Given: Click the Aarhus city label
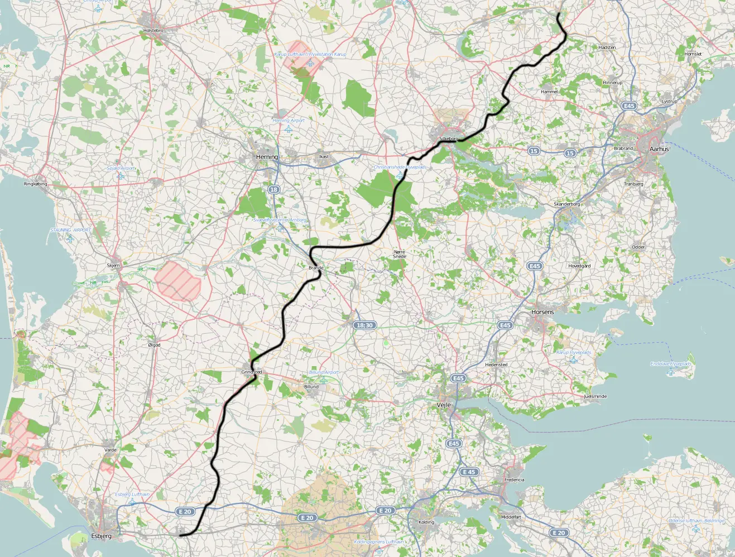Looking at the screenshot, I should (659, 149).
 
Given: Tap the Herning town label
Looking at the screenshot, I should (267, 157).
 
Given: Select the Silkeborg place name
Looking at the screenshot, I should (449, 138).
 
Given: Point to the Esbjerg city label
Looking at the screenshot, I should (101, 536).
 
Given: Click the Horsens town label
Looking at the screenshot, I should (542, 312).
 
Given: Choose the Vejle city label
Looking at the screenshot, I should (444, 405).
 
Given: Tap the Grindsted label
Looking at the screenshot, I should (252, 372).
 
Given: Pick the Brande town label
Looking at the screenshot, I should (316, 268).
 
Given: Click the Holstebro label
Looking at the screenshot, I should (153, 31).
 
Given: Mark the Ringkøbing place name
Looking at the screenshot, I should (36, 184).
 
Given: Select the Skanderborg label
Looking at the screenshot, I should (566, 204).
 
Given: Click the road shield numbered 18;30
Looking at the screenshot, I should (364, 325).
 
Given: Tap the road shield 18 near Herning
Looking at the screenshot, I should (273, 190).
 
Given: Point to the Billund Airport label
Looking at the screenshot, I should (324, 372).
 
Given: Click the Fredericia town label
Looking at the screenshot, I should (514, 479).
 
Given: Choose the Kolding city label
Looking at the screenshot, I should (426, 522).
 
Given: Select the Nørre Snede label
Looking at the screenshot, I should (400, 254).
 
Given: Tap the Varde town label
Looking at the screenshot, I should (111, 450).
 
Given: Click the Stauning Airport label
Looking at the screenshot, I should (70, 230).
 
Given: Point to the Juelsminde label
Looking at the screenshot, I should (595, 396).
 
